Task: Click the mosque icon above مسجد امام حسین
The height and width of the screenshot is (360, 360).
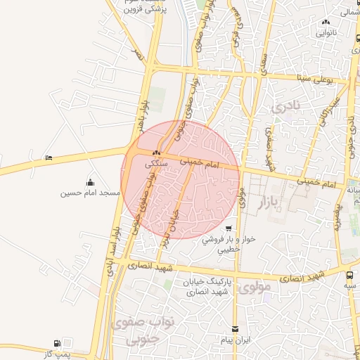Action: (89, 182)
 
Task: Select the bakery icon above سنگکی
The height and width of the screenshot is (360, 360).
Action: (156, 154)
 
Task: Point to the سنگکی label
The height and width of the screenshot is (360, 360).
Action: (157, 163)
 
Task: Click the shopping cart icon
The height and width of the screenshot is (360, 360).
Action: (229, 229)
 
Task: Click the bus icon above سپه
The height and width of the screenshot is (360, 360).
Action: (349, 275)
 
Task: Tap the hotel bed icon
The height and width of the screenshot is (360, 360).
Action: (48, 157)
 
